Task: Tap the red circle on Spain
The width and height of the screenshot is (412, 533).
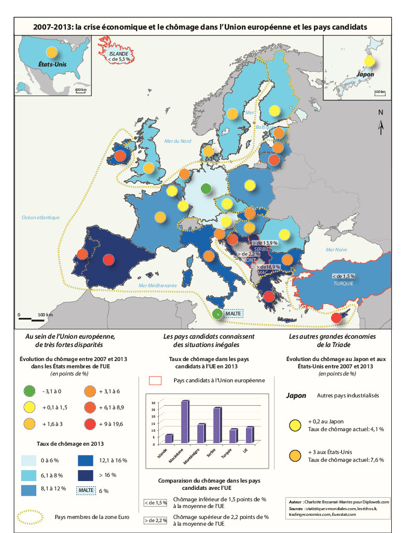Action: pos(108,259)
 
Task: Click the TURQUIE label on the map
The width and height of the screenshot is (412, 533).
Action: pos(344,284)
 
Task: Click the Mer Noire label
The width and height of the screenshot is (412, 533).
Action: pos(336,249)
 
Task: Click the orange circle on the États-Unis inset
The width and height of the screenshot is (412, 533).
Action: pos(51,52)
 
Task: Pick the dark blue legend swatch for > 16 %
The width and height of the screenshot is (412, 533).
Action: pos(86,475)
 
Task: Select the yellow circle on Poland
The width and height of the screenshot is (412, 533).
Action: pos(250,185)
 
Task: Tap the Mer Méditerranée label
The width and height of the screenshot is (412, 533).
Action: pos(158,286)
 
